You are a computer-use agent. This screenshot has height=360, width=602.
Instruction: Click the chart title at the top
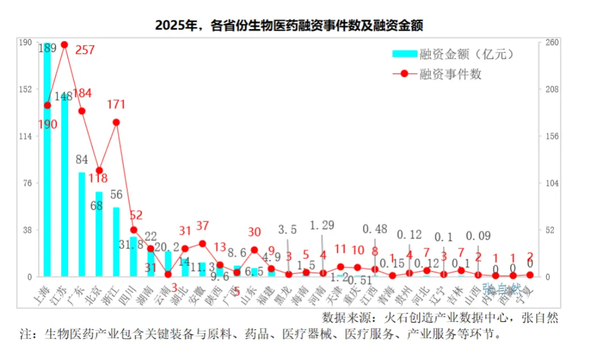click(x=290, y=26)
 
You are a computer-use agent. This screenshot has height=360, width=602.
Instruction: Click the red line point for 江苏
click(x=64, y=44)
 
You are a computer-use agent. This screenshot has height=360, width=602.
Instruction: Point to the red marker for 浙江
click(x=116, y=122)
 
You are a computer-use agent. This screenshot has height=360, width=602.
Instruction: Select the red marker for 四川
click(x=134, y=230)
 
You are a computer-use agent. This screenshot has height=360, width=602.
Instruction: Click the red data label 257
click(x=85, y=50)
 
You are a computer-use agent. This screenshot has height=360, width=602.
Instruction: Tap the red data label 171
click(x=116, y=104)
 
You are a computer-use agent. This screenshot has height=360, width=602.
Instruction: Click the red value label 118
click(x=98, y=178)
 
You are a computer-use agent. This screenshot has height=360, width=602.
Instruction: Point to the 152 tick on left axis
click(x=26, y=89)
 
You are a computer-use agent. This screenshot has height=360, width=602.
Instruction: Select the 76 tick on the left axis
click(x=27, y=183)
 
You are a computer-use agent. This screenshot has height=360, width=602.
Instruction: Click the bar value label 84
click(x=82, y=160)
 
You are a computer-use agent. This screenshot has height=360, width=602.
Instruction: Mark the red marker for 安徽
click(x=202, y=244)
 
